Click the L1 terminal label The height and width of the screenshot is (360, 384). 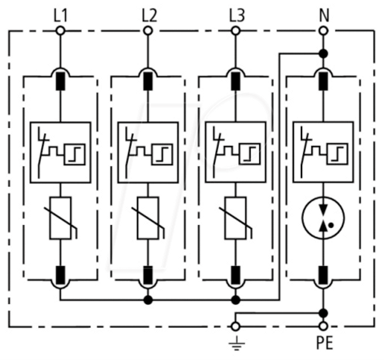pyautogui.click(x=60, y=16)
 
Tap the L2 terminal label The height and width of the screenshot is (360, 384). pyautogui.click(x=149, y=16)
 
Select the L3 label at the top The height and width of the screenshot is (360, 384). pyautogui.click(x=237, y=16)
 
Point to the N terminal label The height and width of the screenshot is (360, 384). pyautogui.click(x=324, y=15)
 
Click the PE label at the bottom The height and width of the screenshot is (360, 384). pyautogui.click(x=324, y=343)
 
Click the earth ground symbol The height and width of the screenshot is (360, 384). pyautogui.click(x=236, y=343)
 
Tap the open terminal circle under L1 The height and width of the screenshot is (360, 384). pyautogui.click(x=61, y=31)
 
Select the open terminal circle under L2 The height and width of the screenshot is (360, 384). pyautogui.click(x=148, y=31)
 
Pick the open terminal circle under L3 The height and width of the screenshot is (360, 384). pyautogui.click(x=236, y=31)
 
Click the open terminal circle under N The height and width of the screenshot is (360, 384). pyautogui.click(x=323, y=31)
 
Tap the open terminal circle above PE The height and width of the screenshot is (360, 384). pyautogui.click(x=323, y=326)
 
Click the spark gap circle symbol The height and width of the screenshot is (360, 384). pyautogui.click(x=323, y=218)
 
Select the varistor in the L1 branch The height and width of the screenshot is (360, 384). pyautogui.click(x=61, y=218)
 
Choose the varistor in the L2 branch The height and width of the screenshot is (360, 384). pyautogui.click(x=148, y=218)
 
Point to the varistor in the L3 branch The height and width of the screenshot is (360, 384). pyautogui.click(x=236, y=218)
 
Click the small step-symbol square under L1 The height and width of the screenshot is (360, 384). pyautogui.click(x=75, y=154)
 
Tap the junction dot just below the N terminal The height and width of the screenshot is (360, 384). pyautogui.click(x=323, y=53)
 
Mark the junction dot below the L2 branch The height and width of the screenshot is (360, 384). pyautogui.click(x=148, y=300)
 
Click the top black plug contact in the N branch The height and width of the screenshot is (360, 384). pyautogui.click(x=323, y=81)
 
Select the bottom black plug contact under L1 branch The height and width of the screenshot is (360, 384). pyautogui.click(x=61, y=275)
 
